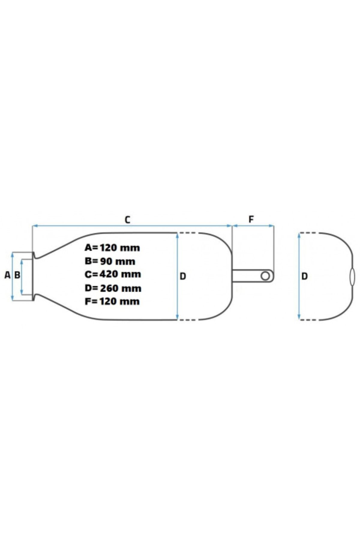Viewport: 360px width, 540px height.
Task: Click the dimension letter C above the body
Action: point(127,220)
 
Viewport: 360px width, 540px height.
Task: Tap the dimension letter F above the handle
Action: point(251,220)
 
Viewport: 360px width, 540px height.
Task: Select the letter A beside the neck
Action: point(7,275)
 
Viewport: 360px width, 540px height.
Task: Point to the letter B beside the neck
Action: point(17,275)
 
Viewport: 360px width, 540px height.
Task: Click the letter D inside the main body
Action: point(183,276)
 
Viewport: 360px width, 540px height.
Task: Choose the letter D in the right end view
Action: point(304,276)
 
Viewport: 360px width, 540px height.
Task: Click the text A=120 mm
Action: point(112,248)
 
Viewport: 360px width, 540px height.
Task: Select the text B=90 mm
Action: point(110,261)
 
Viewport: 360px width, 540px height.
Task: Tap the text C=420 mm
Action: point(113,274)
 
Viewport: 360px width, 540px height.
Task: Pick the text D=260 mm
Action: point(113,288)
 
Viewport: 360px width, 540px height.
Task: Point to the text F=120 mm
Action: point(112,301)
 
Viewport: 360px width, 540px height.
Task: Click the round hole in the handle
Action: point(265,276)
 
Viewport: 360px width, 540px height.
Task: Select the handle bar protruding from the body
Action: point(253,276)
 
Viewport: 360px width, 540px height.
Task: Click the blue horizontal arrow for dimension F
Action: point(253,225)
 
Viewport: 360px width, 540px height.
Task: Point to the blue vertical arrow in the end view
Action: point(299,276)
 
